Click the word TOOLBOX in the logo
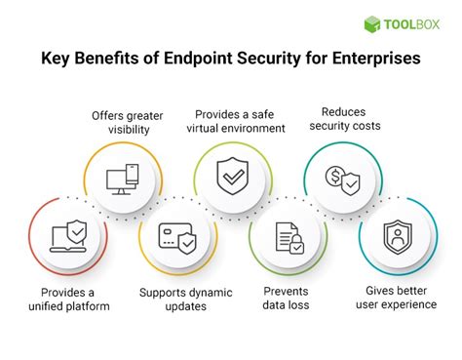point(412,25)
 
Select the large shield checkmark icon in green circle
point(230,177)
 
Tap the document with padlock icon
point(287,238)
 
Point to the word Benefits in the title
point(119,59)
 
